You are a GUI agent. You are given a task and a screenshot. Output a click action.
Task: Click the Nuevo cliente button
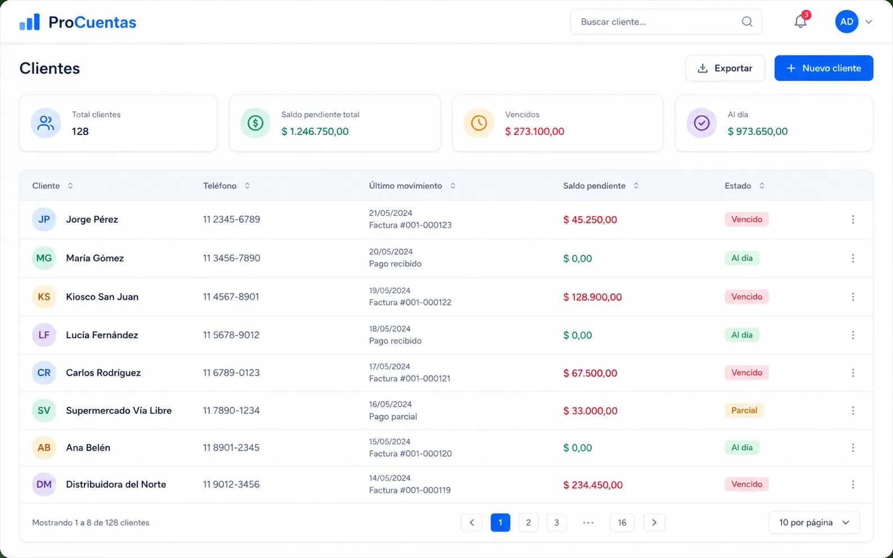(x=824, y=68)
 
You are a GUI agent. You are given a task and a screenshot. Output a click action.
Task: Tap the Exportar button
(x=725, y=68)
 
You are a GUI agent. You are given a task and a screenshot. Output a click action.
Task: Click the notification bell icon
(x=800, y=21)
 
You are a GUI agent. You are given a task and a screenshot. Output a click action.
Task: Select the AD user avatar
(x=846, y=21)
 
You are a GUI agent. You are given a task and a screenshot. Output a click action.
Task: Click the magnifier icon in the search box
(x=747, y=21)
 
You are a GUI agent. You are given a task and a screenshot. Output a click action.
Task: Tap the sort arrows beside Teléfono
(x=247, y=186)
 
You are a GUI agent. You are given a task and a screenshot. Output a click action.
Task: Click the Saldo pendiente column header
(x=594, y=186)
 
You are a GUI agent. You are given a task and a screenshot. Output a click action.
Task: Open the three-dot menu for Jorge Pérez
(x=852, y=219)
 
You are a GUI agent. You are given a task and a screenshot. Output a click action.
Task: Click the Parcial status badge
(x=744, y=410)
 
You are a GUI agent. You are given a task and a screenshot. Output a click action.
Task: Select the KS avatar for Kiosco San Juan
(x=44, y=297)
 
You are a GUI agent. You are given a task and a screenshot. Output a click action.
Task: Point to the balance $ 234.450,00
(x=593, y=485)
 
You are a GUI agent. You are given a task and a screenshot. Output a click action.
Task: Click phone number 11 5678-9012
(x=231, y=335)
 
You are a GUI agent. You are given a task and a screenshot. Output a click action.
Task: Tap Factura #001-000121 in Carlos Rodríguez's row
(x=409, y=379)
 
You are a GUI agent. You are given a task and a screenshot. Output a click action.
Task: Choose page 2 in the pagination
(x=528, y=523)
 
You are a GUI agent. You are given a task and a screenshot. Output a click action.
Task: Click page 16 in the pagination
(x=622, y=523)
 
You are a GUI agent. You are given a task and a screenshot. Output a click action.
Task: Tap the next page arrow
(x=654, y=523)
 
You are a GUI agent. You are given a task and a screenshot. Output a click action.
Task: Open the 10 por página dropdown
(x=814, y=523)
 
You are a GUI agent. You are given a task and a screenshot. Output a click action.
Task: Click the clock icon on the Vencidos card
(x=479, y=123)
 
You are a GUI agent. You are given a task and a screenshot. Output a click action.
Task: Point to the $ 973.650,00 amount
(x=757, y=132)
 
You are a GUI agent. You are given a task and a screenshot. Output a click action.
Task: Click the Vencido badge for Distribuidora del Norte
(x=746, y=484)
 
